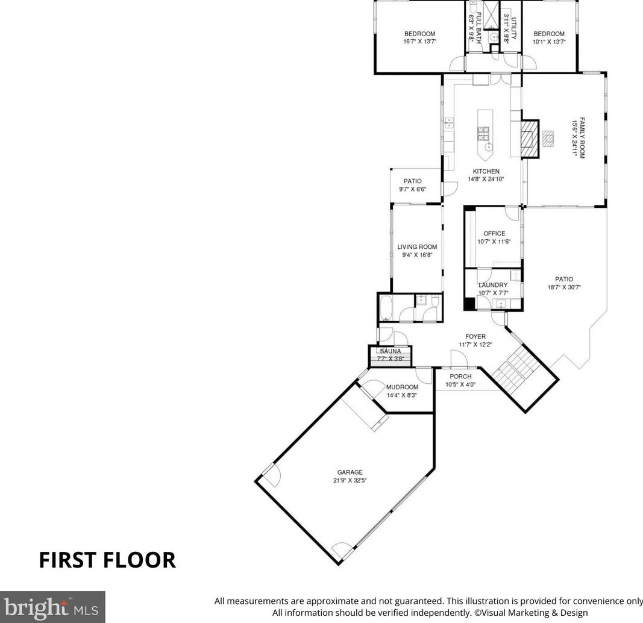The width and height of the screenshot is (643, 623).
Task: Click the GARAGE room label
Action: click(350, 472)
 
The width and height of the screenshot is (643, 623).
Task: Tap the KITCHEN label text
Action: click(486, 171)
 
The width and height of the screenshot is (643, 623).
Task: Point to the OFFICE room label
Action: click(494, 233)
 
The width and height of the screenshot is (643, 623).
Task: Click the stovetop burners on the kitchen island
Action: click(483, 133)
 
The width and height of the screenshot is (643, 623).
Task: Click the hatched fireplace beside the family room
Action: click(530, 139)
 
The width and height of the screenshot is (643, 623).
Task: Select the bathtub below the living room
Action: click(386, 308)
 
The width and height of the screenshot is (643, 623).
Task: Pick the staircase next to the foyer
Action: click(515, 368)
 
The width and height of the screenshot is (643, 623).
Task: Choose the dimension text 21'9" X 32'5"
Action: click(350, 480)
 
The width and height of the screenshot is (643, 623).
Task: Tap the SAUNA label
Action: click(391, 351)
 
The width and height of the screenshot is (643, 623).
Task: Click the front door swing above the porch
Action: click(459, 358)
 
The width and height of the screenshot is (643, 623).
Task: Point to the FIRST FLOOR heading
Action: click(107, 560)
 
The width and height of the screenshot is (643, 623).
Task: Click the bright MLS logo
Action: click(52, 607)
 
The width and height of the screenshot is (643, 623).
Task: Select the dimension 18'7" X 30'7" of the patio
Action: click(564, 287)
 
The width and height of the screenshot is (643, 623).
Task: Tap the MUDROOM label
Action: click(403, 387)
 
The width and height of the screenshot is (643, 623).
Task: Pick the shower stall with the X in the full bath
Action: click(489, 15)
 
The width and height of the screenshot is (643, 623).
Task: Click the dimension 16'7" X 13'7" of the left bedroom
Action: click(419, 42)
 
